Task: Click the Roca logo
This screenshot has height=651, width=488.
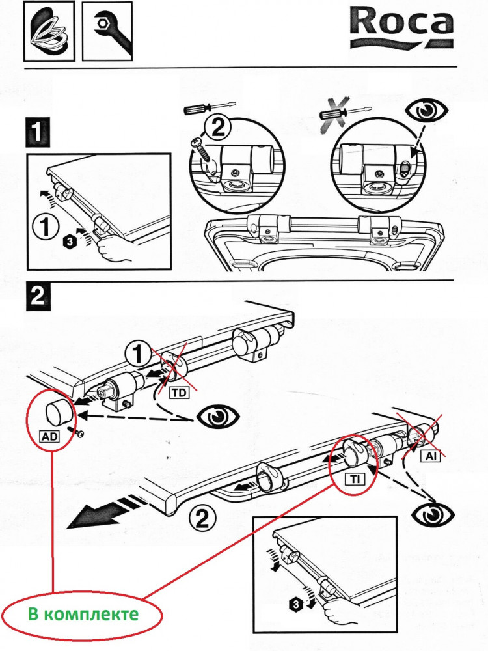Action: click(400, 25)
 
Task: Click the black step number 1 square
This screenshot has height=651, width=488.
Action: click(37, 132)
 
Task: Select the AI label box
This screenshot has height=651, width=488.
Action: click(431, 457)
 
